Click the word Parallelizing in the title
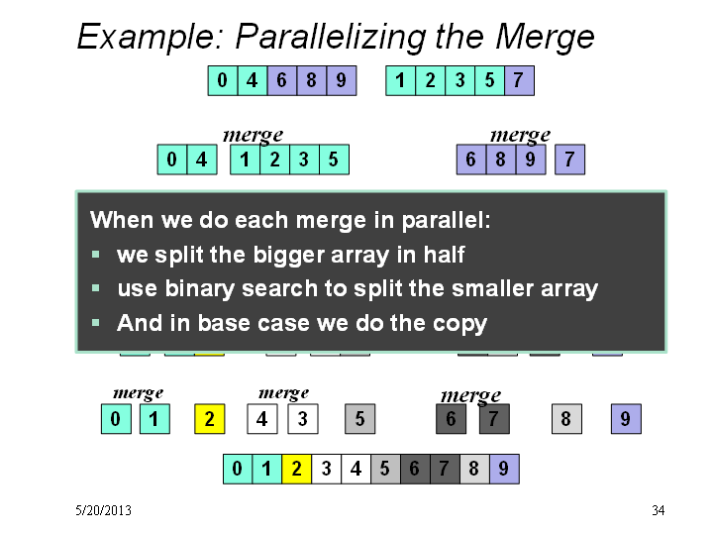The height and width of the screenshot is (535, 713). pyautogui.click(x=332, y=38)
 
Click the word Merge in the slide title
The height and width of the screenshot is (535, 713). pyautogui.click(x=545, y=38)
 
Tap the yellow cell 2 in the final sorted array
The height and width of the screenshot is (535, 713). pyautogui.click(x=296, y=469)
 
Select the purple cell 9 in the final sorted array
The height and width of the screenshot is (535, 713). pyautogui.click(x=504, y=469)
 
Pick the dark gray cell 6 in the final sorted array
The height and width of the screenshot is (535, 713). pyautogui.click(x=415, y=469)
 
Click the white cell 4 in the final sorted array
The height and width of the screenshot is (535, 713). pyautogui.click(x=356, y=469)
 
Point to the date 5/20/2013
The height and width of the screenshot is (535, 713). pyautogui.click(x=103, y=510)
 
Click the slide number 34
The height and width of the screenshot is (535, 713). pyautogui.click(x=658, y=510)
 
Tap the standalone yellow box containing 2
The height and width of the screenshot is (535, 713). pyautogui.click(x=210, y=418)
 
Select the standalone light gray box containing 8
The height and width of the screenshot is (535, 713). pyautogui.click(x=566, y=418)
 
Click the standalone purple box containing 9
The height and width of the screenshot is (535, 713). pyautogui.click(x=626, y=418)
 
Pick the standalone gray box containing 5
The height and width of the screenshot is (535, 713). pyautogui.click(x=360, y=418)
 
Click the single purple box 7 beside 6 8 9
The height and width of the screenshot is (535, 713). pyautogui.click(x=569, y=160)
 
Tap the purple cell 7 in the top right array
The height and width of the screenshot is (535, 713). pyautogui.click(x=519, y=80)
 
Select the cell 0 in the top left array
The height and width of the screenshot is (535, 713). pyautogui.click(x=223, y=80)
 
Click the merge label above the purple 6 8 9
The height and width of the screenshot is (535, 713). pyautogui.click(x=520, y=135)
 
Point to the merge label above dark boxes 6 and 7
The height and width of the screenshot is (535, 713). pyautogui.click(x=470, y=395)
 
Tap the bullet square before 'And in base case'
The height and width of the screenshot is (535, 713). pyautogui.click(x=95, y=323)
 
